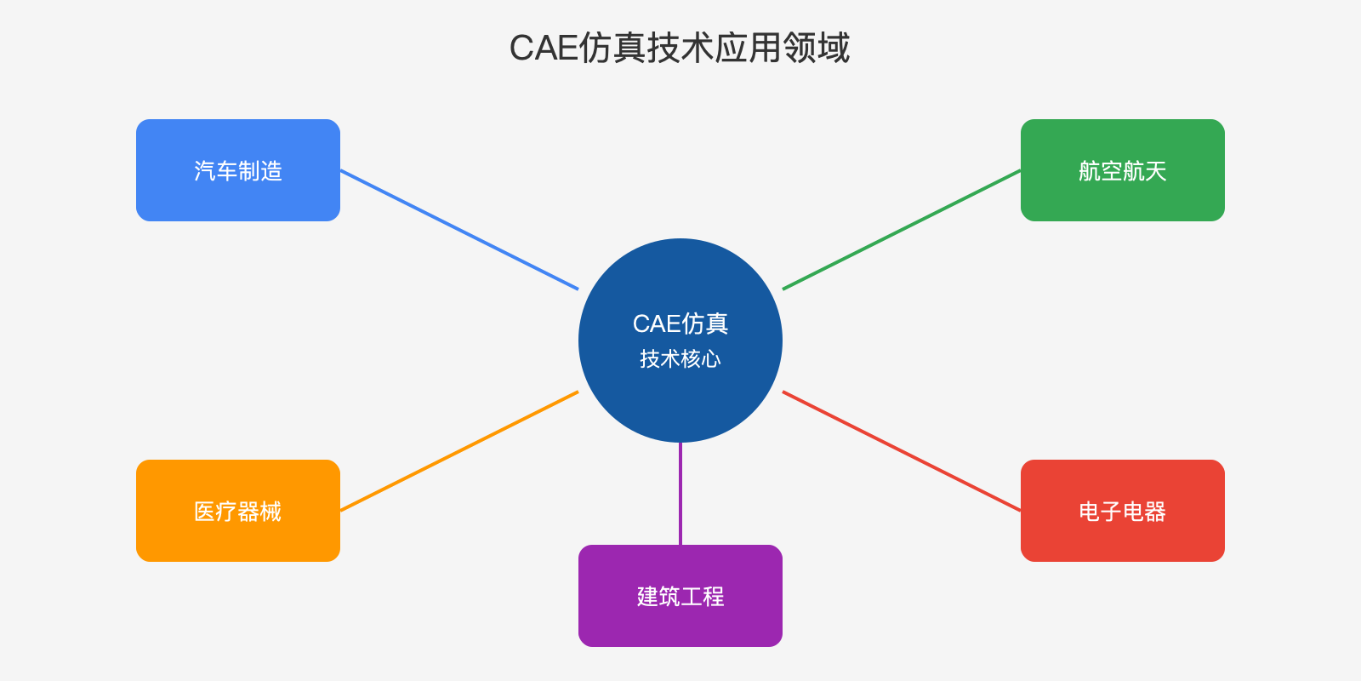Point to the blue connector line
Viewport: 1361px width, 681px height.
pyautogui.click(x=459, y=230)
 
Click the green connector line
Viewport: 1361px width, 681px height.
pyautogui.click(x=902, y=230)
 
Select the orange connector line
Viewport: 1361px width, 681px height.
pyautogui.click(x=459, y=451)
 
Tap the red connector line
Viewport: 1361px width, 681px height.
pyautogui.click(x=902, y=451)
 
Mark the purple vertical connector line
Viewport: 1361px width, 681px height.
pyautogui.click(x=680, y=494)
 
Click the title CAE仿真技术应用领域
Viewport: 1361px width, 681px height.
pyautogui.click(x=680, y=48)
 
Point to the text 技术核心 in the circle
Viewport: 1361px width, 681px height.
pyautogui.click(x=680, y=359)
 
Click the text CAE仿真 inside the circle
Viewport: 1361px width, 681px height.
pyautogui.click(x=680, y=323)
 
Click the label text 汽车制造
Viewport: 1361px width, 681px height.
pyautogui.click(x=238, y=171)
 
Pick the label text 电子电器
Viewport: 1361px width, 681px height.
pyautogui.click(x=1123, y=512)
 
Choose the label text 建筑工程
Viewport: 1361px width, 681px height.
pyautogui.click(x=680, y=597)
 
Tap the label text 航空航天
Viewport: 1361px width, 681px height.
pyautogui.click(x=1123, y=171)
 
